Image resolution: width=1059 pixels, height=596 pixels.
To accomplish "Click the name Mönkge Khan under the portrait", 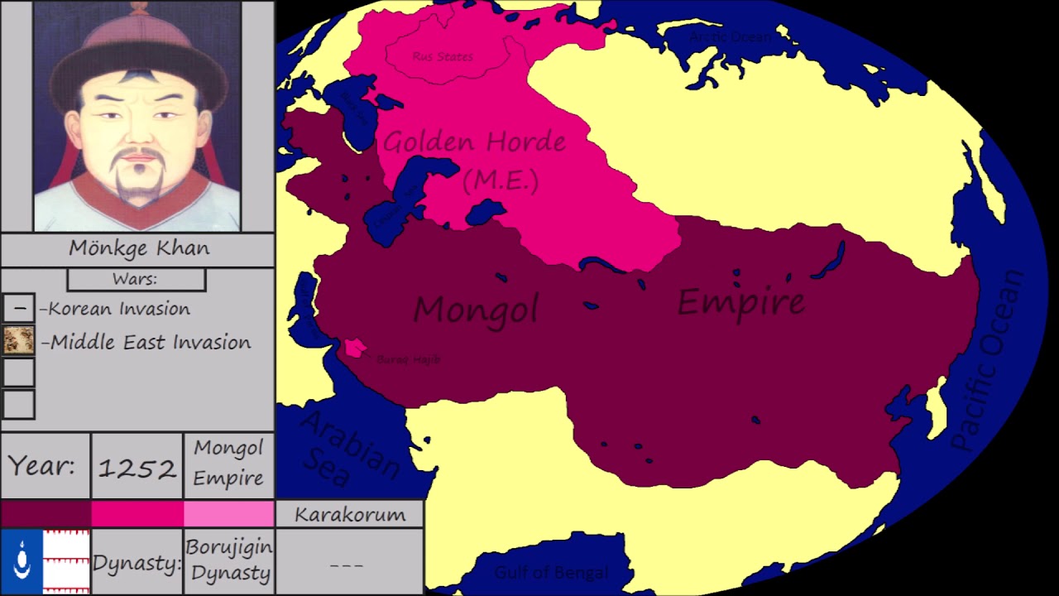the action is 139,248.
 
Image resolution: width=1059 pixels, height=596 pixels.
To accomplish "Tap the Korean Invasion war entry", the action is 119,309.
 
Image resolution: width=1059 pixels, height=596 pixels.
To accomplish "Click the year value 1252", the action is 137,469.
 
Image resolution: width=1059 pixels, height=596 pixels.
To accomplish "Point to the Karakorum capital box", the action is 350,514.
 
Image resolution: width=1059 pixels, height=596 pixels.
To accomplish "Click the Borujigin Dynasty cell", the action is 228,560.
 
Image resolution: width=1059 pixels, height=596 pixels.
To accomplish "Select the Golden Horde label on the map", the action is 475,142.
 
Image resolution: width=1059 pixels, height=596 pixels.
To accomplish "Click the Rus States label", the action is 443,56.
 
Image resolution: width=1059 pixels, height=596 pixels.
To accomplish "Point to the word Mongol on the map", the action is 476,309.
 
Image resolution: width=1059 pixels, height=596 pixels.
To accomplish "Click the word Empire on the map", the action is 740,301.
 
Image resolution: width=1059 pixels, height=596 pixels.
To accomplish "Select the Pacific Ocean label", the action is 989,360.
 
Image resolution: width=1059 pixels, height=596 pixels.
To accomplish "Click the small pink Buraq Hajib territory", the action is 356,348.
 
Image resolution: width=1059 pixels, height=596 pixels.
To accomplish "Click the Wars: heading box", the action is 136,280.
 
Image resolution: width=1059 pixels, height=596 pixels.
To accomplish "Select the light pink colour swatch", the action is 228,513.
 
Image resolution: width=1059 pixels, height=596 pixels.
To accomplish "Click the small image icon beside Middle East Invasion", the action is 18,340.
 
